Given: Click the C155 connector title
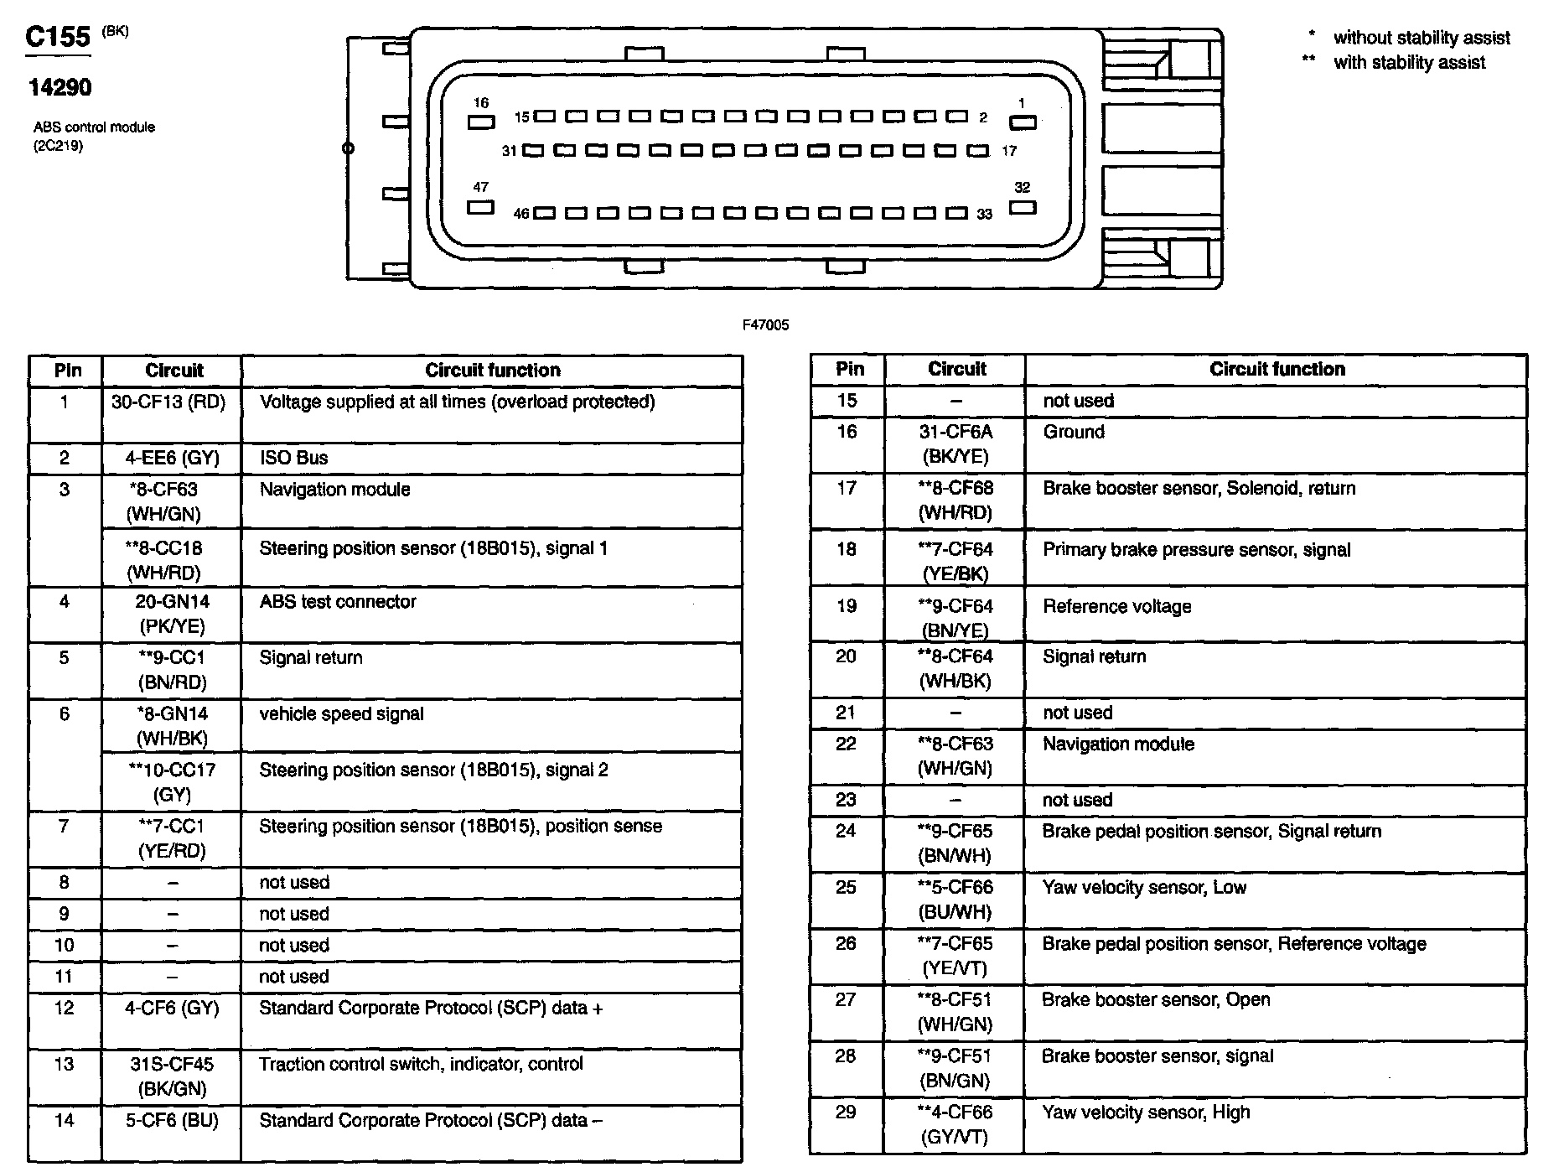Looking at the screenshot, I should (57, 37).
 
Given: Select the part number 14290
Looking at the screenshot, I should (60, 87).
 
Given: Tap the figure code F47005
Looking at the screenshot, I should (765, 325).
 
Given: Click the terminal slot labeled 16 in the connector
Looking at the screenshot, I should (481, 122).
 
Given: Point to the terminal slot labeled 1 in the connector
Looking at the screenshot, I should (1023, 122).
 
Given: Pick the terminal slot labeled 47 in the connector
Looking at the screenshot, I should (480, 207).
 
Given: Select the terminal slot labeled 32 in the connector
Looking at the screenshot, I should (1023, 207).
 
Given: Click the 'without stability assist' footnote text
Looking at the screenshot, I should (1422, 38).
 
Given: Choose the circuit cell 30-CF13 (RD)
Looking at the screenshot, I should (168, 402).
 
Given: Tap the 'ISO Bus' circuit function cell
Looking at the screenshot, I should (293, 458).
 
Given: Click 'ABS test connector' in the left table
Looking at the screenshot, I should (338, 602).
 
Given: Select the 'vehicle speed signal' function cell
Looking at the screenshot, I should (341, 714).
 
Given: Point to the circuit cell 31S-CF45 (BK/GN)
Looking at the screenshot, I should (172, 1076).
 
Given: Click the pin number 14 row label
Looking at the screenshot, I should (65, 1121).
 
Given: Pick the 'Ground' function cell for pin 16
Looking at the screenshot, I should (1074, 433).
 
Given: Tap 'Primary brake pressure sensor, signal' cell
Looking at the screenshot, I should (1196, 550).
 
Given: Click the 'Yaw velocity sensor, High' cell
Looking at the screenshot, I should (1146, 1113).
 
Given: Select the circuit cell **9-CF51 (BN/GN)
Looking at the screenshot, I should (955, 1068).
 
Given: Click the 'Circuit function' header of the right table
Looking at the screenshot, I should (1277, 370).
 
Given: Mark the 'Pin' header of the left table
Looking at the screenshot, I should (67, 371).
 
